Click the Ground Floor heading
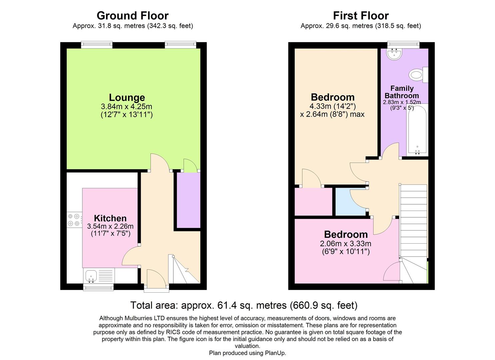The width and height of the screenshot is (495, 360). [x=132, y=16]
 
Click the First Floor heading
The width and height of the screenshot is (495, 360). [x=361, y=16]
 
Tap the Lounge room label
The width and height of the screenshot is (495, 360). [x=127, y=97]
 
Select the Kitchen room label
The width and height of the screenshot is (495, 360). [x=110, y=218]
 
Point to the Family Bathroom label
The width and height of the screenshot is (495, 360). [x=402, y=92]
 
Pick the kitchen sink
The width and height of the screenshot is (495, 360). [x=91, y=276]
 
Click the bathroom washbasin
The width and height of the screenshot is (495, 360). [x=395, y=54]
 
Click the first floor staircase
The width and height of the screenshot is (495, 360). [x=413, y=220]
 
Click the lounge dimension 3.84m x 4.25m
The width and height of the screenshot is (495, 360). [x=126, y=107]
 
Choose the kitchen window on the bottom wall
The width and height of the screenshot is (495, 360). [x=98, y=287]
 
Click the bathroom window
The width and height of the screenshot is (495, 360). [x=403, y=44]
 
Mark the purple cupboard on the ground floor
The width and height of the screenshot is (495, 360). [x=188, y=200]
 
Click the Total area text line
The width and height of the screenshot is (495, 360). [x=244, y=305]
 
